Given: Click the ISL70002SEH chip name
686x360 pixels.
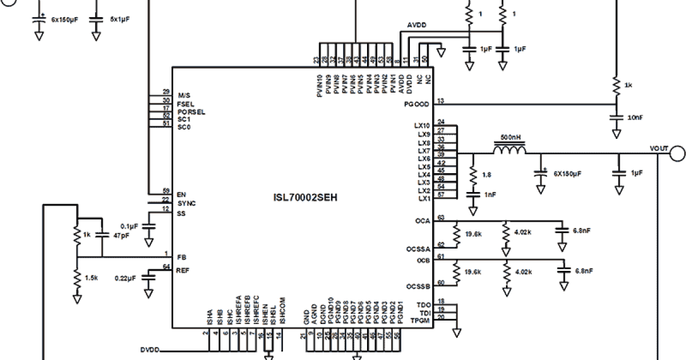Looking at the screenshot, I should point(305,198).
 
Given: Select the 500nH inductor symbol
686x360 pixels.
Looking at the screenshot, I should point(509,150).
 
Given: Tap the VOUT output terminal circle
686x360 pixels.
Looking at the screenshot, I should point(677,153).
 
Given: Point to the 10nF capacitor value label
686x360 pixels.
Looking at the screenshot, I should point(636,117).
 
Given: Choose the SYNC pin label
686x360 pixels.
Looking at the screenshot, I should point(186,203).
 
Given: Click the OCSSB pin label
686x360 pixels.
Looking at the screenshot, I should point(418,286).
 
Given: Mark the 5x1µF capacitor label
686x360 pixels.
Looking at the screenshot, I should point(120,19).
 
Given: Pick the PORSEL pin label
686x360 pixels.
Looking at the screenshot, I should point(191,112).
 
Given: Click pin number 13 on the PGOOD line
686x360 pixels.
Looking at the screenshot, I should point(440,101).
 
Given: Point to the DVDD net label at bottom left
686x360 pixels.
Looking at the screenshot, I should point(150,350).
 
